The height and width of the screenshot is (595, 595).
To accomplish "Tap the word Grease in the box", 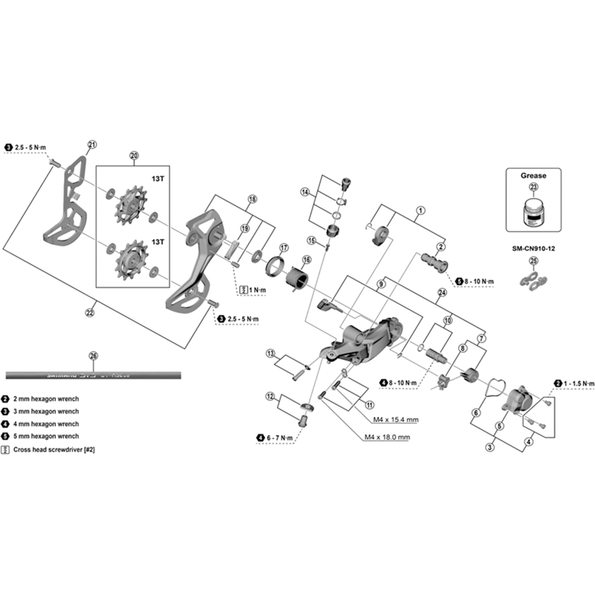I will point(533,176).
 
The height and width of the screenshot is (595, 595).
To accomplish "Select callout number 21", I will point(92,144).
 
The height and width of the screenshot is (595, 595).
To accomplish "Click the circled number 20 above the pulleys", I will point(134,155).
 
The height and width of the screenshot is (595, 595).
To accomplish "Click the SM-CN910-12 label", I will point(533,248).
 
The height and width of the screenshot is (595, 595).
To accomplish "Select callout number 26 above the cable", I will point(92,356).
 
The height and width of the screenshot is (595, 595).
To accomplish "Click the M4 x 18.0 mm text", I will point(387,437).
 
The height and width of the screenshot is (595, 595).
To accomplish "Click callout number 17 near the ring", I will point(283,247).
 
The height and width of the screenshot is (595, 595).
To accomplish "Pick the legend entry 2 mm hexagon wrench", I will point(48,399).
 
